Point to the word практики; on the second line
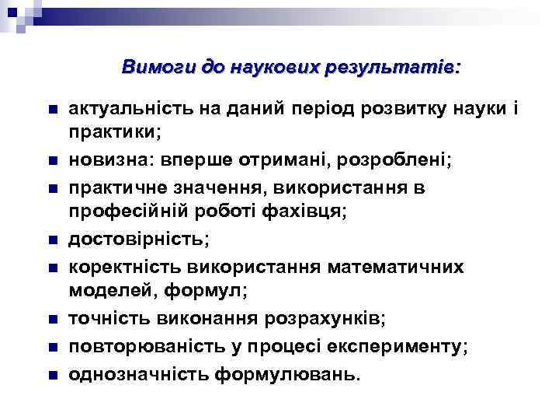point(115,134)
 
